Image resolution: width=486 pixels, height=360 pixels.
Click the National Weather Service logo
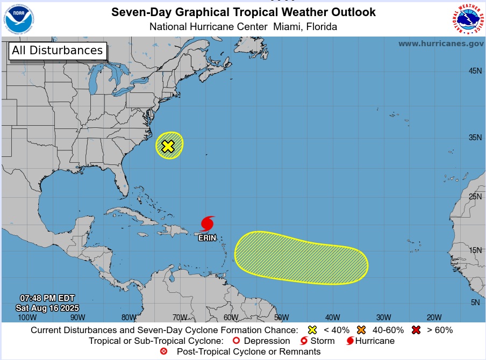click(467, 18)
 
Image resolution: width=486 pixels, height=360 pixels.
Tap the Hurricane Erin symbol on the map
click(208, 224)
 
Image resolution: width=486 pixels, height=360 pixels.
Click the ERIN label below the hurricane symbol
click(208, 237)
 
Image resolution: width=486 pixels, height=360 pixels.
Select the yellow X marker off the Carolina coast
click(168, 146)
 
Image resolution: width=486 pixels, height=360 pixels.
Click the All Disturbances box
click(58, 51)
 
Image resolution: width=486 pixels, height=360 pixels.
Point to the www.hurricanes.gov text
click(441, 44)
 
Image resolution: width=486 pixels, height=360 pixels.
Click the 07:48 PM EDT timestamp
click(47, 298)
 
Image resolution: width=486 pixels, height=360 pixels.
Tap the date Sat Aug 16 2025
click(47, 308)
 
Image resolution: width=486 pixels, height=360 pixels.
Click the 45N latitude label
click(475, 71)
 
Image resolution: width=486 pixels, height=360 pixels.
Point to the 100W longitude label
click(27, 317)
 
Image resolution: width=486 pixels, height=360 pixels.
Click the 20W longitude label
click(434, 317)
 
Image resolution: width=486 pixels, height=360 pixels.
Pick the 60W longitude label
click(231, 317)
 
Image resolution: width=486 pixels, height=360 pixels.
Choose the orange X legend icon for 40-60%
click(361, 329)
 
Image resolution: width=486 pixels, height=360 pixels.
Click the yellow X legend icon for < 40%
click(312, 329)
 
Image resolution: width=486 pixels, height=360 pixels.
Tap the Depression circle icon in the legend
click(235, 341)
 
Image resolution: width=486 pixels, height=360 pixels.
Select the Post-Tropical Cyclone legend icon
click(164, 351)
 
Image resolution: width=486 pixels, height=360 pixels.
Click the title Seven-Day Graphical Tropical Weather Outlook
click(244, 12)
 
